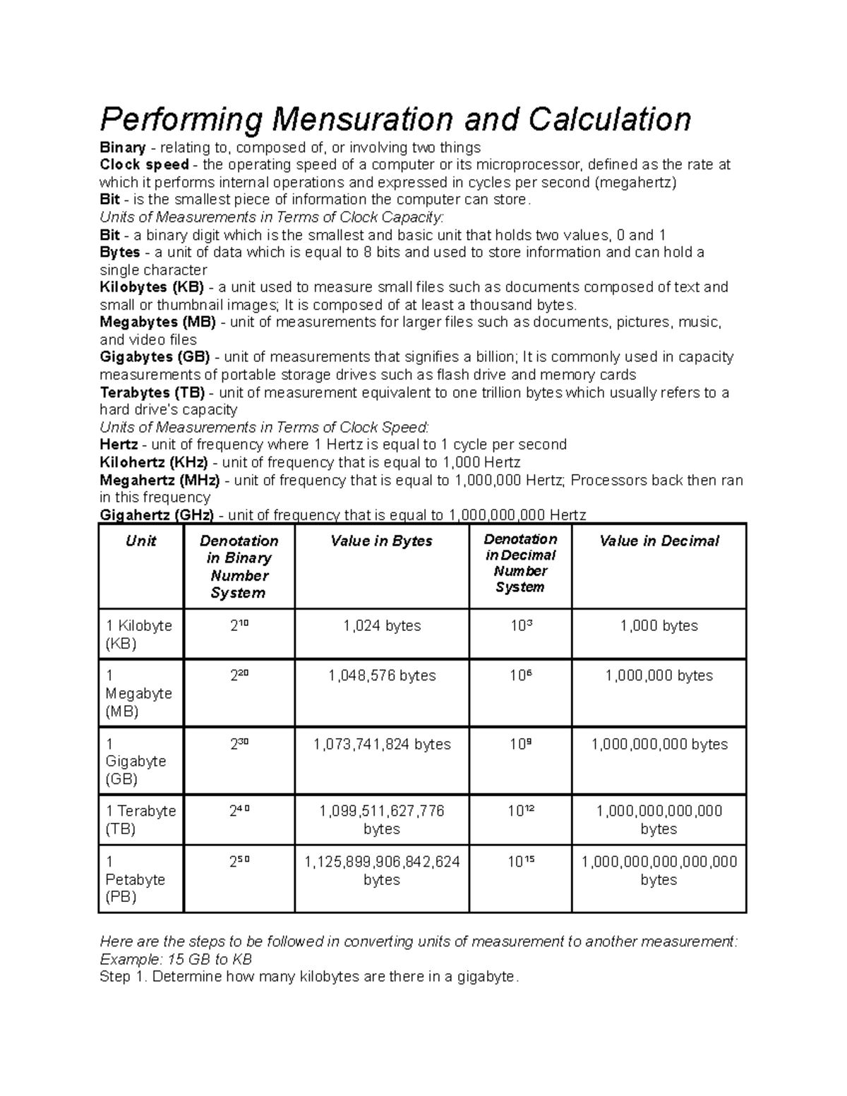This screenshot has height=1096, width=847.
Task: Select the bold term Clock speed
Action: point(144,165)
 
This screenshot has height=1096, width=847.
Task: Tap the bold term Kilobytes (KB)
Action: point(152,287)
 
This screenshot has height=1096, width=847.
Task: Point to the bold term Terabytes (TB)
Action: point(152,392)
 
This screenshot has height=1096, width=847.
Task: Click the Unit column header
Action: point(140,541)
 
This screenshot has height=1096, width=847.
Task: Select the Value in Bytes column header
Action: point(381,541)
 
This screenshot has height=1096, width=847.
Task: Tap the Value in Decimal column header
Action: point(659,541)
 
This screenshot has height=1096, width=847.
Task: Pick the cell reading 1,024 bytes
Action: point(382,626)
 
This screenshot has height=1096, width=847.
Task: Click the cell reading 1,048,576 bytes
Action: point(382,676)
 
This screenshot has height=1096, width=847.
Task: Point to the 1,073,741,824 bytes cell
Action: point(382,745)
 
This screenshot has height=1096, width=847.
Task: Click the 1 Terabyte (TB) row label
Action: point(140,820)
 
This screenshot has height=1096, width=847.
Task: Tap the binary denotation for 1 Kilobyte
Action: point(239,625)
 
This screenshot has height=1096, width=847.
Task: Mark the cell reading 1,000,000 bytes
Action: point(659,676)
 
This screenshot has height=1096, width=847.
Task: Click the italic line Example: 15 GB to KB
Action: point(176,960)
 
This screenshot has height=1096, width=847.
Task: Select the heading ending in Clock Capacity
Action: point(272,217)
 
